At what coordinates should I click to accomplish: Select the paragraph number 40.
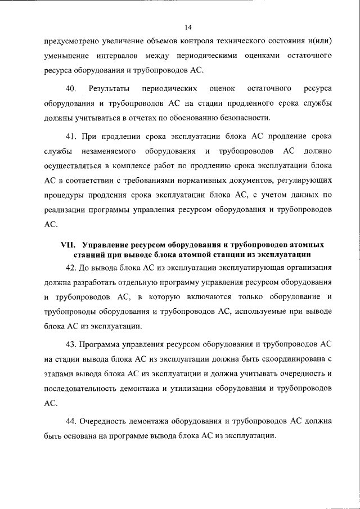click(71, 89)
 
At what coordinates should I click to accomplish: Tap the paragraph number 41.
click(71, 137)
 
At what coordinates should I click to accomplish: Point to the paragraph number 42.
click(71, 267)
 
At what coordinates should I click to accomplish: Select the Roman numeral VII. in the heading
click(69, 245)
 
